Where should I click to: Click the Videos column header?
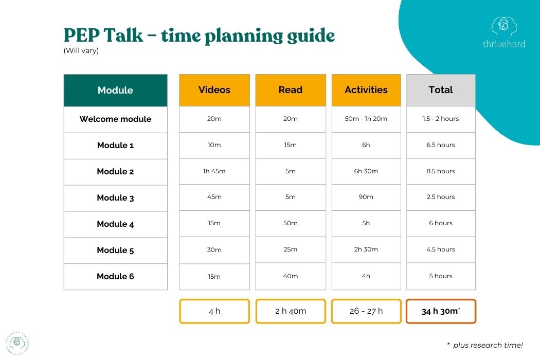(x=214, y=90)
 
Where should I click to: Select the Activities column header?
(x=366, y=90)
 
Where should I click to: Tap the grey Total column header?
(x=441, y=90)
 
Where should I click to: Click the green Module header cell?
(x=115, y=91)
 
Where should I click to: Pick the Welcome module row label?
(x=115, y=119)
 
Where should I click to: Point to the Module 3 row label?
(x=115, y=198)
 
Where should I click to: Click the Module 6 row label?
(x=115, y=277)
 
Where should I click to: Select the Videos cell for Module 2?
(x=214, y=171)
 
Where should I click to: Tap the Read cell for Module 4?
(x=291, y=223)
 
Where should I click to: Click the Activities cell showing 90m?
(x=366, y=197)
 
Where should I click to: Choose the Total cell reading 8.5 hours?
(x=441, y=171)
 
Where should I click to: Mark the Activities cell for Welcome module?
(x=366, y=119)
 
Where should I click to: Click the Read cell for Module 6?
(x=291, y=276)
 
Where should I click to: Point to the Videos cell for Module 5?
(x=214, y=250)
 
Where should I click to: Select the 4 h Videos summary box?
(x=214, y=311)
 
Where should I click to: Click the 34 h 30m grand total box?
(x=441, y=311)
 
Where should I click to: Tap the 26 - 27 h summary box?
(x=366, y=311)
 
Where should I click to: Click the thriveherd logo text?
(x=504, y=44)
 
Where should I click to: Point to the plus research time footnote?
(x=485, y=345)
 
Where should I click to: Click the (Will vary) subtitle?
(x=81, y=50)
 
